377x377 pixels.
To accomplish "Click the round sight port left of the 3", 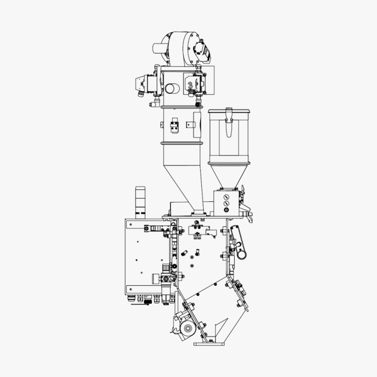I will pyautogui.click(x=173, y=88).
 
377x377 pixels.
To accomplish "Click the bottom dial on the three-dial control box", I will pyautogui.click(x=226, y=210).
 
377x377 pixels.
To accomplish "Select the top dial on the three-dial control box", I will pyautogui.click(x=226, y=196).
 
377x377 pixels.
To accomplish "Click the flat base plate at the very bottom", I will pyautogui.click(x=209, y=344).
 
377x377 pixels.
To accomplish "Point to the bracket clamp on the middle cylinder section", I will pyautogui.click(x=174, y=126).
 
